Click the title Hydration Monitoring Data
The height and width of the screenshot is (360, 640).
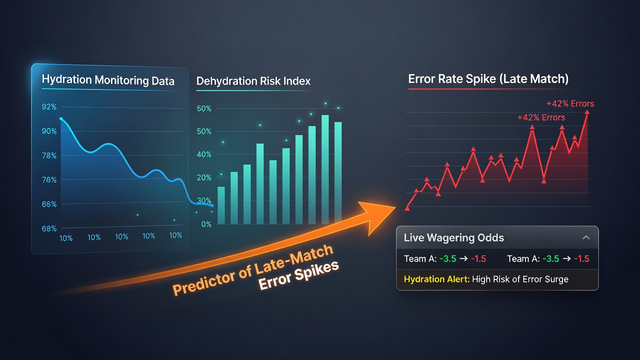click(108, 80)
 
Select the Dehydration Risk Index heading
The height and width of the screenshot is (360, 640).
click(253, 81)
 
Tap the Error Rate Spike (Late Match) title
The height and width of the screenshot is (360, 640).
click(488, 79)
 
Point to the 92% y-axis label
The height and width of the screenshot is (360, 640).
click(49, 107)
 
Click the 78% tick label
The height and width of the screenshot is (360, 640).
click(49, 155)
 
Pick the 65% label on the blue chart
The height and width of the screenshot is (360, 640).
click(49, 204)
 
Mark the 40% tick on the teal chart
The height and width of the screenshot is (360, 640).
click(204, 154)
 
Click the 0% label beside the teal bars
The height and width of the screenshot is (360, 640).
click(206, 224)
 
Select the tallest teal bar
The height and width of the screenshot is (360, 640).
click(325, 169)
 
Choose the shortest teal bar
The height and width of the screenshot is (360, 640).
click(221, 205)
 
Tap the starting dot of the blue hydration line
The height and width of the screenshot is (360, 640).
click(61, 118)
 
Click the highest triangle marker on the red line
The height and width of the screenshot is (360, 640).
click(587, 112)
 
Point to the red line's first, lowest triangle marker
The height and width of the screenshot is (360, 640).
click(407, 208)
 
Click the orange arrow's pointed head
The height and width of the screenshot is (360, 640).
click(395, 207)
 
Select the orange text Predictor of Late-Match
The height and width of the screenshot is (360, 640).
click(253, 269)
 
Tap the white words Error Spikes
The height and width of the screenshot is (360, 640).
click(298, 275)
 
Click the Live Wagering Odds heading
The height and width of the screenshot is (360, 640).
click(453, 237)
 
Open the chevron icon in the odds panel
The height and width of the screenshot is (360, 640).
click(586, 237)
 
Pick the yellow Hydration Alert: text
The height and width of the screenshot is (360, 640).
click(436, 279)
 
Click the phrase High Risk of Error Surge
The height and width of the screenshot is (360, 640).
click(520, 279)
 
